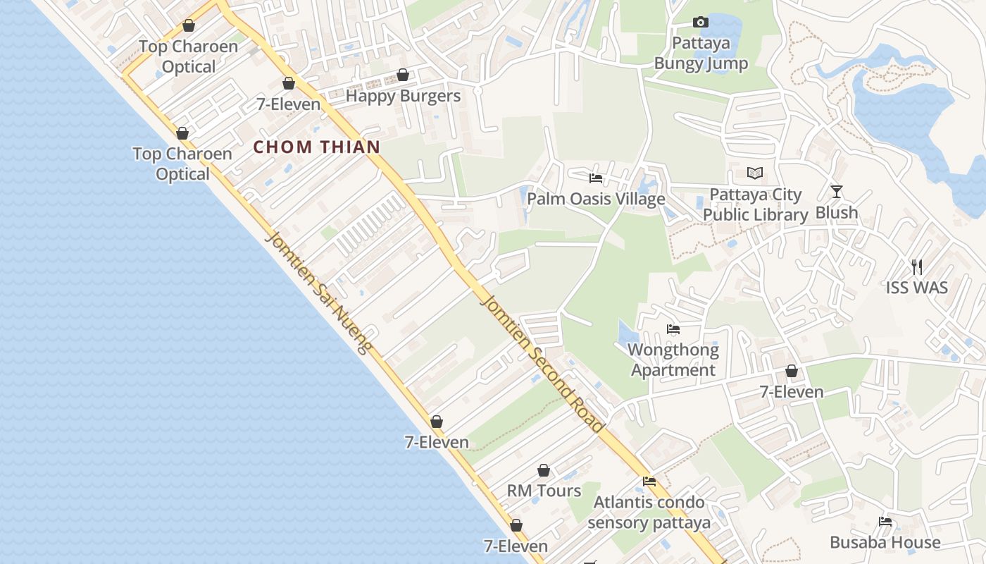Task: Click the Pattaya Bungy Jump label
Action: (701, 54)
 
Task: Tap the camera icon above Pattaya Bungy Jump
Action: (701, 23)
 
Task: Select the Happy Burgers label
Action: (403, 96)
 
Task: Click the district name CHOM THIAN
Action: (316, 147)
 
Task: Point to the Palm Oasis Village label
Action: (596, 199)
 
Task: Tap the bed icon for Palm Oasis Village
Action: (596, 178)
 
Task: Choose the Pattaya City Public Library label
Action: (755, 204)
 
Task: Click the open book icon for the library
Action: (755, 173)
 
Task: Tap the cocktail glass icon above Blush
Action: (837, 191)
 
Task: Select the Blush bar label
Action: (837, 212)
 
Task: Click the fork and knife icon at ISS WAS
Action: (916, 266)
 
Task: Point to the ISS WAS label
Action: (916, 288)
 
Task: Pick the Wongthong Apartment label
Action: (673, 360)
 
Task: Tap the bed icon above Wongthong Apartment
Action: (673, 329)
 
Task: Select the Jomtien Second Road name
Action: (542, 363)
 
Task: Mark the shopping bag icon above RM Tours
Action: (544, 470)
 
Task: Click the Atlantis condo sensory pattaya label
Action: (649, 513)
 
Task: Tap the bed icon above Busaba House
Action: (885, 522)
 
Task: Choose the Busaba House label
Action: (885, 542)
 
